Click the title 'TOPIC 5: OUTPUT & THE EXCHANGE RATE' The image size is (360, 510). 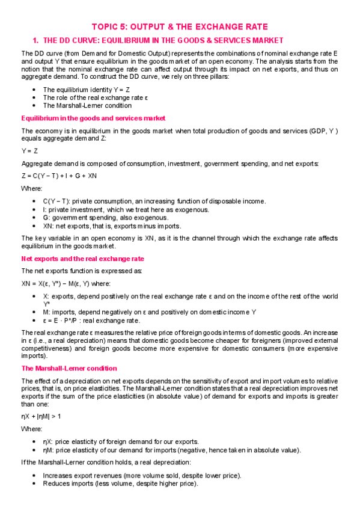179,27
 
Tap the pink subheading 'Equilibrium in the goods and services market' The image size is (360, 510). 93,118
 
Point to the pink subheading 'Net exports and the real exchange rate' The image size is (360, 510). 82,259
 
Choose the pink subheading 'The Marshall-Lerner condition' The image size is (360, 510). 69,368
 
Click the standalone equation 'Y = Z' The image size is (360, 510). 29,151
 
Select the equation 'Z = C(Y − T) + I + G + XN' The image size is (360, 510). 59,176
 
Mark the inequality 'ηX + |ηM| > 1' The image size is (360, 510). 41,416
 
